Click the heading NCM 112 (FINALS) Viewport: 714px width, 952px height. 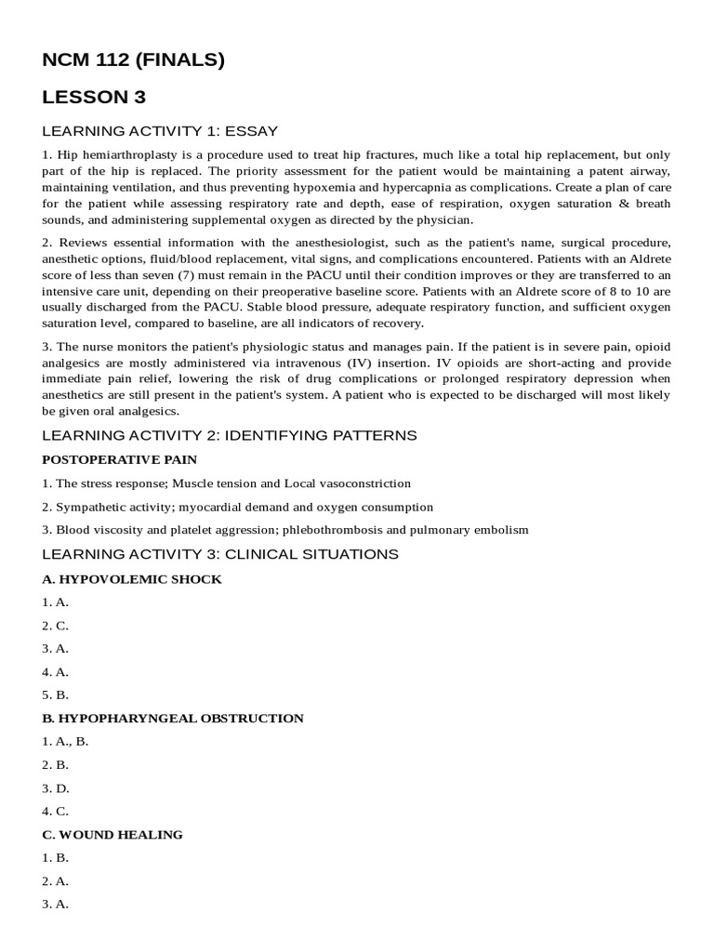133,60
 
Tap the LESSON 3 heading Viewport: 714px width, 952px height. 94,97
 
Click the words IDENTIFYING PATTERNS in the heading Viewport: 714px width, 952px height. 319,435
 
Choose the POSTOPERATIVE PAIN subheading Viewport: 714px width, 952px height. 119,459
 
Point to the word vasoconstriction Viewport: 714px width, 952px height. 360,483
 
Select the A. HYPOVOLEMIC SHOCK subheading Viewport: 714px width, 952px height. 132,578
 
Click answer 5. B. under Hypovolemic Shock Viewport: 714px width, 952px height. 56,694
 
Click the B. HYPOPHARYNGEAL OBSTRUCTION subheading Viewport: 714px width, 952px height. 173,718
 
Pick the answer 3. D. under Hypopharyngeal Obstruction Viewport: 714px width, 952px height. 56,787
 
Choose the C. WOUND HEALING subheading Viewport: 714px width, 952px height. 112,834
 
